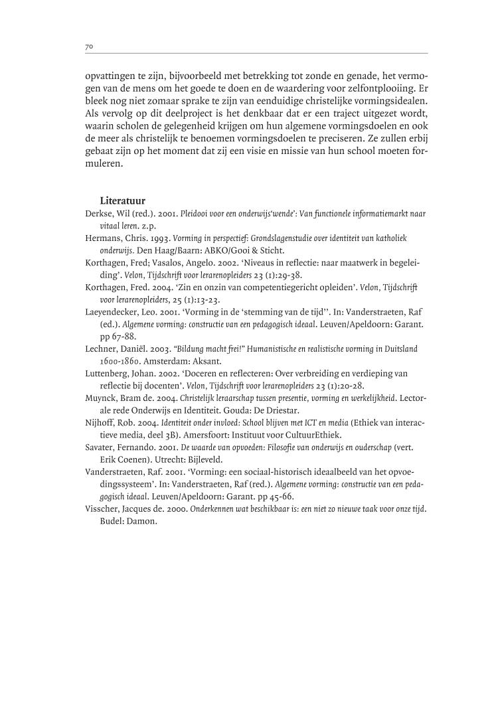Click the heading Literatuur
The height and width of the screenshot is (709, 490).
[x=123, y=200]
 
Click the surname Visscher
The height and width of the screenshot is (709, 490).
[x=103, y=509]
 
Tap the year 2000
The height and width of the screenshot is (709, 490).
[x=175, y=509]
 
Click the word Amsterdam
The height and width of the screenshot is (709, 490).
[x=162, y=361]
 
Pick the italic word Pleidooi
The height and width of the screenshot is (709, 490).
[x=197, y=214]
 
